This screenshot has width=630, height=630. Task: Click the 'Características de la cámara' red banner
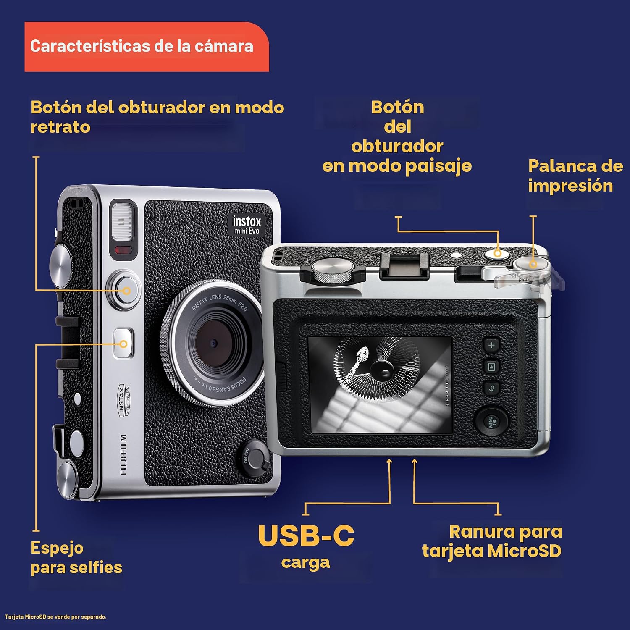(x=147, y=47)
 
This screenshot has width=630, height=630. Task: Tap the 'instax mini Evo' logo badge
(x=247, y=225)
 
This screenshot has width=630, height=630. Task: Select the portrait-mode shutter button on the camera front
(x=123, y=290)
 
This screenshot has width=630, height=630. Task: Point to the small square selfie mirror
(x=123, y=343)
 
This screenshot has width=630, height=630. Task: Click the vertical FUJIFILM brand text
(x=123, y=454)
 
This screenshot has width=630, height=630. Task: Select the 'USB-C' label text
(x=306, y=536)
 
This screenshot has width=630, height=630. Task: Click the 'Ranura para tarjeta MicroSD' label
(x=492, y=541)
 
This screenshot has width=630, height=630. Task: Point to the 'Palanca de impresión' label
(x=575, y=176)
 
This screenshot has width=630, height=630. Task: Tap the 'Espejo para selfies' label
(x=76, y=558)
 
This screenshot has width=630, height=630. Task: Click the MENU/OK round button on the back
(x=491, y=421)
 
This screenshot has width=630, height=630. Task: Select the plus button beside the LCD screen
(x=491, y=345)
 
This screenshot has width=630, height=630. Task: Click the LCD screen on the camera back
(x=381, y=385)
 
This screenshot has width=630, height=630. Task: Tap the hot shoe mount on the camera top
(x=404, y=266)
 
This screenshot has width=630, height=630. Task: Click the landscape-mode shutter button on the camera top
(x=497, y=254)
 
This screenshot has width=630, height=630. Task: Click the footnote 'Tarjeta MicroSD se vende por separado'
(x=56, y=617)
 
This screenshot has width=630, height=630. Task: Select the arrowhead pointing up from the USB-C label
(x=389, y=462)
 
